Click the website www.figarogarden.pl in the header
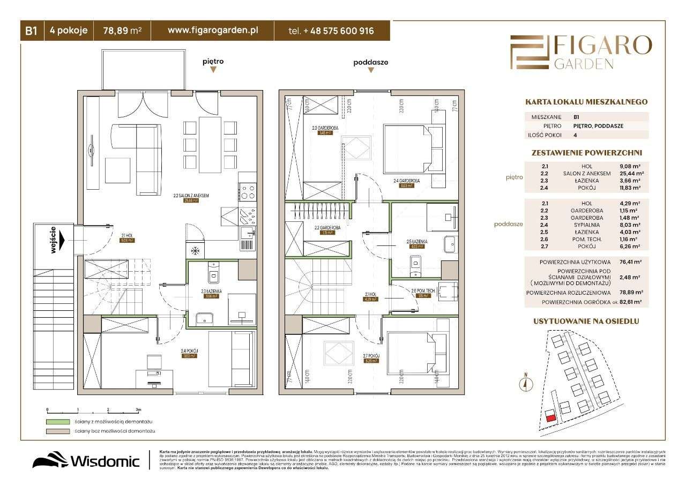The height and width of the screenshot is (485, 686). point(213,31)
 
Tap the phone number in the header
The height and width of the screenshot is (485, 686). point(331,31)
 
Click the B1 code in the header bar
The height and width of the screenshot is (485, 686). point(31,31)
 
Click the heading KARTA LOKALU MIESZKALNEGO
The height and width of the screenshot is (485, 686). point(586,102)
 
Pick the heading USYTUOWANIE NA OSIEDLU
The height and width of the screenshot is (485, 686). point(586,321)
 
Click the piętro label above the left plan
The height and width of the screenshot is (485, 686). point(213,62)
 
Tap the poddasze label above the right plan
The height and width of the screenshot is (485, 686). point(370,62)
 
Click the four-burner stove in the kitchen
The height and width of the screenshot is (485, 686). point(248,191)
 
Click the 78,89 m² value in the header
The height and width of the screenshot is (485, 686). point(122,31)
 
